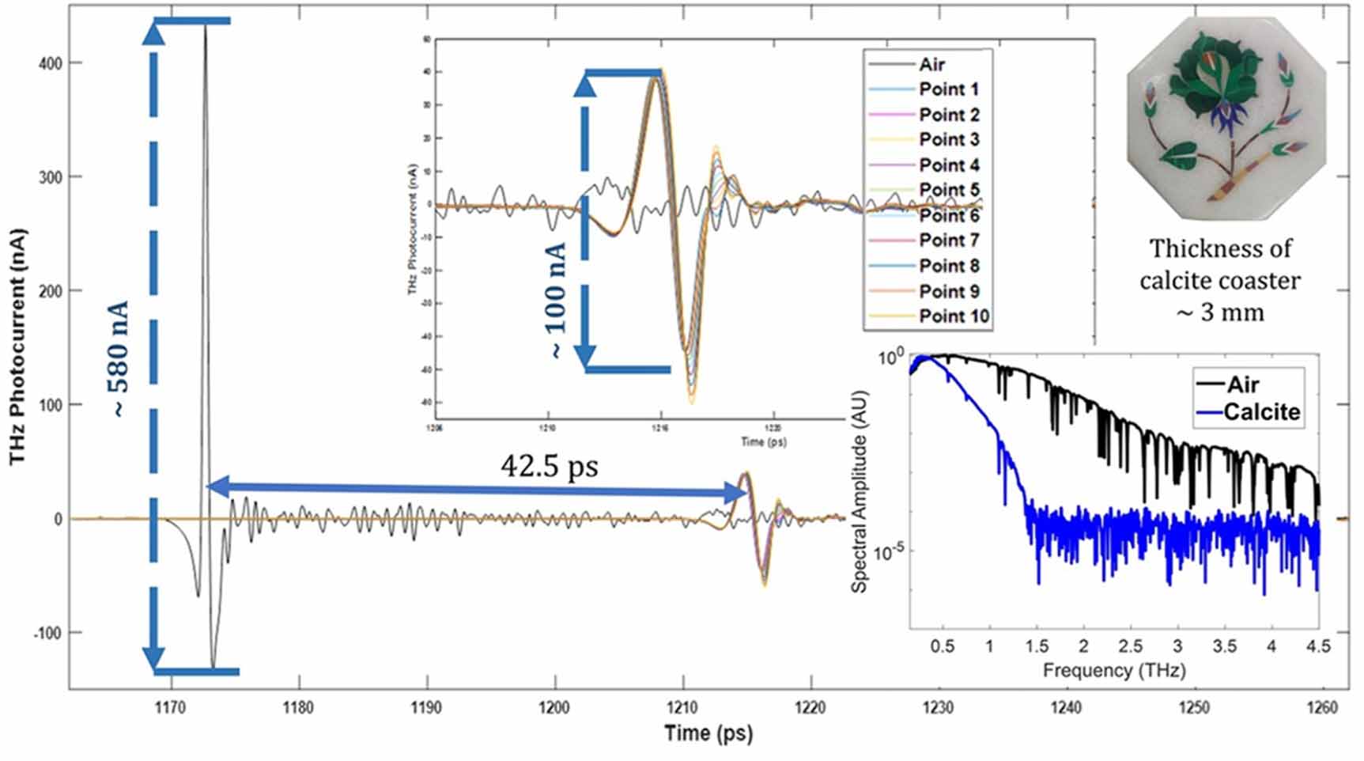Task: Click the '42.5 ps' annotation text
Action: click(x=549, y=466)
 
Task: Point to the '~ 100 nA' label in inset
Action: click(x=557, y=301)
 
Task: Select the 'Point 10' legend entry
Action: click(x=954, y=316)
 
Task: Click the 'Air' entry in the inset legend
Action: click(x=931, y=64)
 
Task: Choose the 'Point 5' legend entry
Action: click(x=949, y=190)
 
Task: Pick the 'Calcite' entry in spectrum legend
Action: click(x=1261, y=412)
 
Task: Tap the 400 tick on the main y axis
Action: click(x=50, y=63)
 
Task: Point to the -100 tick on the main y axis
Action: click(x=47, y=633)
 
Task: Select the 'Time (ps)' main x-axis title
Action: click(x=708, y=733)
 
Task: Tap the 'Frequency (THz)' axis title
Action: click(x=1114, y=671)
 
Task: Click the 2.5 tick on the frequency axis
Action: click(x=1131, y=646)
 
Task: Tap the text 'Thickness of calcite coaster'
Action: click(x=1219, y=264)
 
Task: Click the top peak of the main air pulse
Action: click(x=205, y=27)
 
